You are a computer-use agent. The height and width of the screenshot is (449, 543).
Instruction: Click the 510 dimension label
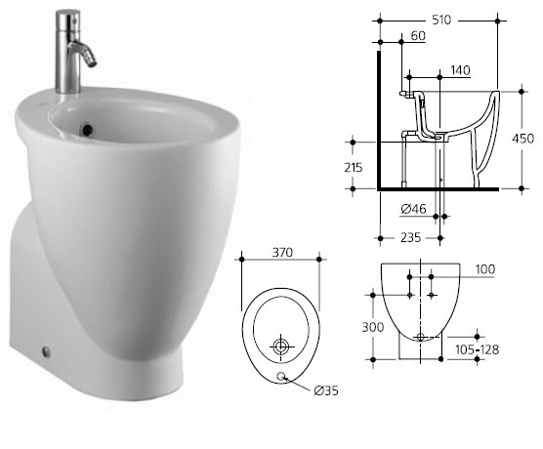[x=441, y=20]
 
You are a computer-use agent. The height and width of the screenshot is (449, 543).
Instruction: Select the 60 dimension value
[x=418, y=36]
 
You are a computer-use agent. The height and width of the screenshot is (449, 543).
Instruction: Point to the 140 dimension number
[x=460, y=70]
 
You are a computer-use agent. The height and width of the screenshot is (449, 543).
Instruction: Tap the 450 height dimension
[x=522, y=139]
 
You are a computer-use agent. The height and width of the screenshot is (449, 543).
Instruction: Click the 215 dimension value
[x=354, y=168]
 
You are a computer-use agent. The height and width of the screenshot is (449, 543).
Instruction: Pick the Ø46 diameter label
[x=413, y=209]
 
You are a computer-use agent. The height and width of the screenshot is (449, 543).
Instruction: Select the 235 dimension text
[x=411, y=237]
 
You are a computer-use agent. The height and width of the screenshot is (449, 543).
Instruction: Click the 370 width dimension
[x=282, y=253]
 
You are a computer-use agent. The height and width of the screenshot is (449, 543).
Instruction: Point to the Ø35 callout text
[x=326, y=390]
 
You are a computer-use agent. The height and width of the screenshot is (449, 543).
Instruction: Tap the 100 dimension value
[x=485, y=269]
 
